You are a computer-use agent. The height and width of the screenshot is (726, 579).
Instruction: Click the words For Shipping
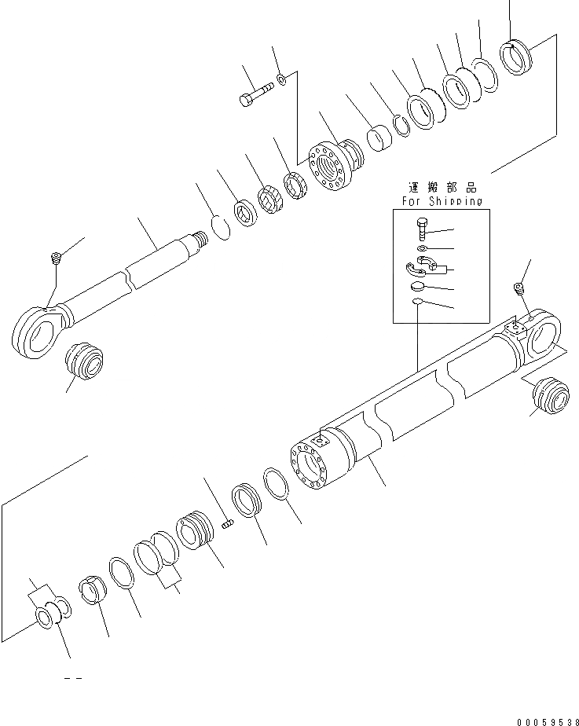(442, 202)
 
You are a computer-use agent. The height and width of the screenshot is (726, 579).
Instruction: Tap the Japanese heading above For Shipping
(442, 189)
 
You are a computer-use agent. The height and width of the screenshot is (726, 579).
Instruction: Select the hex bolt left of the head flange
(254, 97)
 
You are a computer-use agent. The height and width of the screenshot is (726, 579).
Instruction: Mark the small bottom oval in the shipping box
(420, 302)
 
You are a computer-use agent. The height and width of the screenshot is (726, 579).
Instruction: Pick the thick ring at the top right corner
(517, 57)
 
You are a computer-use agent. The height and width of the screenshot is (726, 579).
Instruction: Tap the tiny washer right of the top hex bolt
(281, 79)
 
